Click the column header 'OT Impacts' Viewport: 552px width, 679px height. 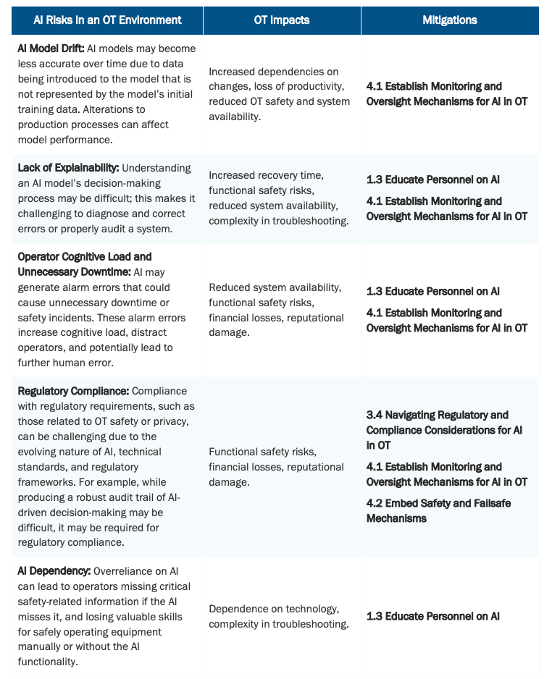coord(282,20)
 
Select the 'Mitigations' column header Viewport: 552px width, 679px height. coord(449,20)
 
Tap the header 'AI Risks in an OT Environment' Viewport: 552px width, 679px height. coord(107,20)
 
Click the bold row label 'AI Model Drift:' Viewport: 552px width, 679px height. coord(51,48)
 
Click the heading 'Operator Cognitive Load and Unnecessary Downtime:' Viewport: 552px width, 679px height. coord(85,264)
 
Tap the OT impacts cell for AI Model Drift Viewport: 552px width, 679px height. coord(279,94)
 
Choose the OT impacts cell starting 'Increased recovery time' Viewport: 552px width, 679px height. coord(279,198)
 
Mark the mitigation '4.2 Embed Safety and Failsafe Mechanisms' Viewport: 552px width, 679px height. coord(438,510)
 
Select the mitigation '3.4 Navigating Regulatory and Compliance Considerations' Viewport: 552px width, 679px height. coord(444,429)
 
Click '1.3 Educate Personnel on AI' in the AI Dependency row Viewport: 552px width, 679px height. coord(432,616)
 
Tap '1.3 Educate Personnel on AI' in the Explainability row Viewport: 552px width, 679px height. coord(432,179)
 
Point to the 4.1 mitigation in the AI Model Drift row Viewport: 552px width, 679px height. coord(446,94)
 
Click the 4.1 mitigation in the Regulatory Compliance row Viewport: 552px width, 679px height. coord(446,474)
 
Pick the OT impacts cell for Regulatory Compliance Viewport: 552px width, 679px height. coord(276,467)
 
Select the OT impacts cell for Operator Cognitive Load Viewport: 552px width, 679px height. coord(276,310)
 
